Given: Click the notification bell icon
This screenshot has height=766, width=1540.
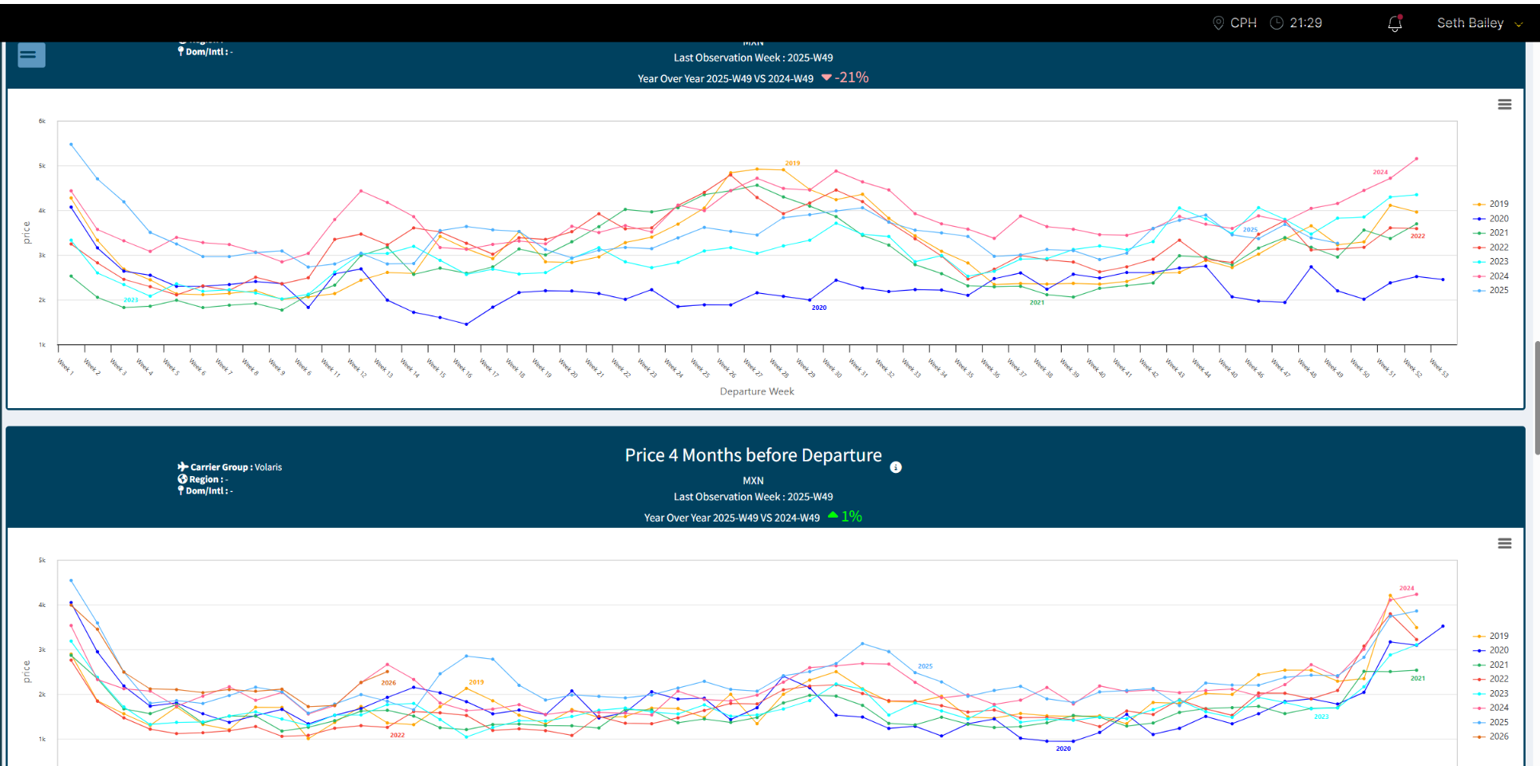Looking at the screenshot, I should click(x=1395, y=23).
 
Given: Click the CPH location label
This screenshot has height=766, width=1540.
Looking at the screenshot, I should click(x=1242, y=23).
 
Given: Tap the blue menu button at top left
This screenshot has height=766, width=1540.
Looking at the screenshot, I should click(x=31, y=55).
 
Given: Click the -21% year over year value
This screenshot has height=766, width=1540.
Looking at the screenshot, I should click(x=851, y=77).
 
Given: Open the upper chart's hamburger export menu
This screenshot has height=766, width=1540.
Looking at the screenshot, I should click(x=1504, y=105).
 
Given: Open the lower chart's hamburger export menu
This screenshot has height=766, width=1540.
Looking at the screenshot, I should click(x=1504, y=544).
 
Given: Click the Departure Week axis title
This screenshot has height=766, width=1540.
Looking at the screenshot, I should click(x=757, y=391).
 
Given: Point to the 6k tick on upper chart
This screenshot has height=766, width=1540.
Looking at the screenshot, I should click(x=42, y=121).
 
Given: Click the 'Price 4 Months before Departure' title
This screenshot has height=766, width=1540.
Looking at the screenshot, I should click(x=753, y=455).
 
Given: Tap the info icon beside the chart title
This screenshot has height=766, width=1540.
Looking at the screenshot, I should click(x=896, y=467).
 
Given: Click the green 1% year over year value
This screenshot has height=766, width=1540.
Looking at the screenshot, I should click(x=851, y=517).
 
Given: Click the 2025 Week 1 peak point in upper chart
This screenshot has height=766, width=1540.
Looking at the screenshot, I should click(x=71, y=145).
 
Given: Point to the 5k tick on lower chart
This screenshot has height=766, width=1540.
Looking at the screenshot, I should click(x=42, y=561).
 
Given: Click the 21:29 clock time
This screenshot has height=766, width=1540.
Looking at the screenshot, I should click(x=1305, y=23).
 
